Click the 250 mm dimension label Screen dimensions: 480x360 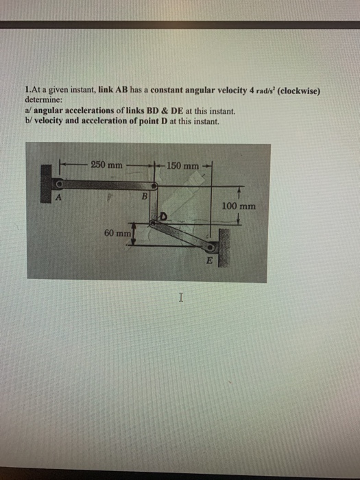pyautogui.click(x=107, y=165)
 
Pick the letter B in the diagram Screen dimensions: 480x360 pyautogui.click(x=144, y=197)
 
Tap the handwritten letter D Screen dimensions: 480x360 pyautogui.click(x=165, y=217)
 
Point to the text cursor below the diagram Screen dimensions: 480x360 pyautogui.click(x=180, y=298)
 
